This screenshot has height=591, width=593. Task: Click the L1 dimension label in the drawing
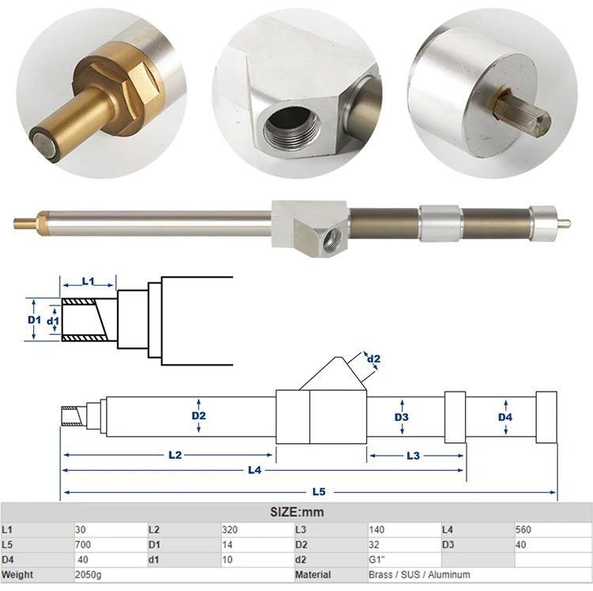point(89,281)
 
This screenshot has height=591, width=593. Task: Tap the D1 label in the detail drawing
point(33,320)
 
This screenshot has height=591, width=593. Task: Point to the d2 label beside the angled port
point(374,358)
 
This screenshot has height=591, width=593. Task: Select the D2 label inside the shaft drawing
point(198,415)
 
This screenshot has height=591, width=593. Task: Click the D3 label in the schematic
point(402,416)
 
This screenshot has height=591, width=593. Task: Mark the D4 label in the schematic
point(505,416)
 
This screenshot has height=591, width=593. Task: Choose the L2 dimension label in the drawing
point(175,455)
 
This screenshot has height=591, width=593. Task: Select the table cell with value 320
point(232,529)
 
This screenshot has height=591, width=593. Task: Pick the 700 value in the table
point(83,544)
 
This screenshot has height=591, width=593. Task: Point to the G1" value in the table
point(380,559)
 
